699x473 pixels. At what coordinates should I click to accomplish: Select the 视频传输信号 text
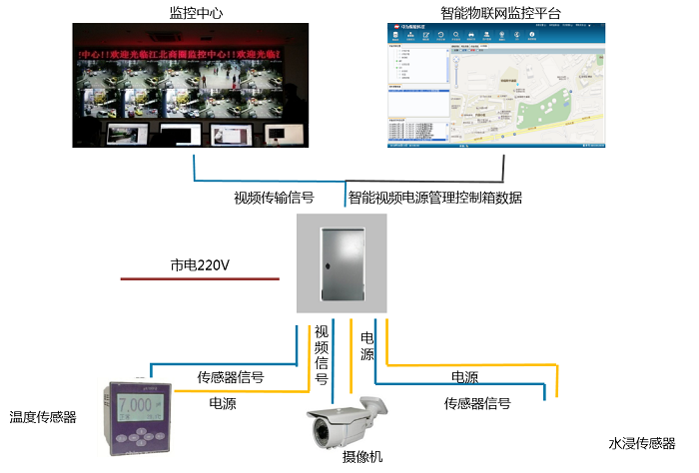pos(274,198)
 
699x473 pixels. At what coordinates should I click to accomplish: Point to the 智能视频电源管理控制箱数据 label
pos(434,198)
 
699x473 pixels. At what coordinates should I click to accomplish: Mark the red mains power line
pos(185,278)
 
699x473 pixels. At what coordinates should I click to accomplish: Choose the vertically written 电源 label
pos(366,346)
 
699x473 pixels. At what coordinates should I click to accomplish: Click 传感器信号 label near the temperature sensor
pos(230,377)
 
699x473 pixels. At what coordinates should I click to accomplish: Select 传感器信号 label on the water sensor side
pos(477,403)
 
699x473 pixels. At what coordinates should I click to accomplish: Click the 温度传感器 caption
pos(43,417)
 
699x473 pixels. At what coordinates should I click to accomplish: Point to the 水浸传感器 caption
pos(642,443)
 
